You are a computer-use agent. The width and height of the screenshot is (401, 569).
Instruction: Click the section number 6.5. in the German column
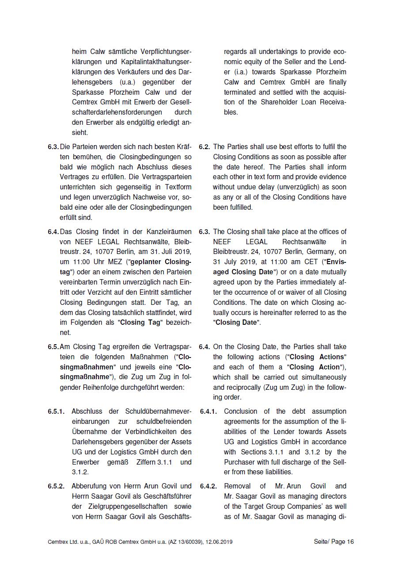tap(53, 347)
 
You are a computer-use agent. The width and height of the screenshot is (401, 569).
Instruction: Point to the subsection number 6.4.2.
tap(208, 486)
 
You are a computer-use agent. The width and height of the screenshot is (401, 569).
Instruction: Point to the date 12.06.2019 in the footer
tap(219, 542)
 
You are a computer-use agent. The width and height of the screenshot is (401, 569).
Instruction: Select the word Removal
tap(238, 486)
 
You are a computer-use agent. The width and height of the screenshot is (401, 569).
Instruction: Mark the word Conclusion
tap(242, 411)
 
